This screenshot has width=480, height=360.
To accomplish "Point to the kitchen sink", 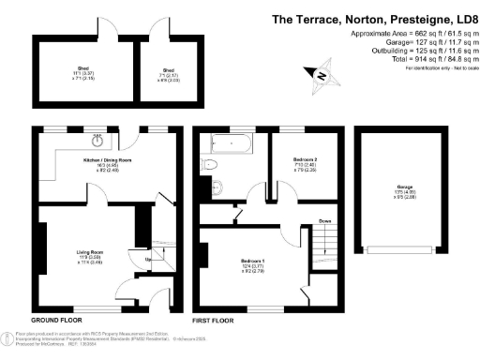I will (x=98, y=142).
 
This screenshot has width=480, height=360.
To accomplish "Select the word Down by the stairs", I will (x=323, y=222).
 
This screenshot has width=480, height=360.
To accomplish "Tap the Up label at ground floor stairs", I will (x=137, y=262).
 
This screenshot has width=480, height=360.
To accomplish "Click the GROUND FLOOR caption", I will (x=57, y=320).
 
